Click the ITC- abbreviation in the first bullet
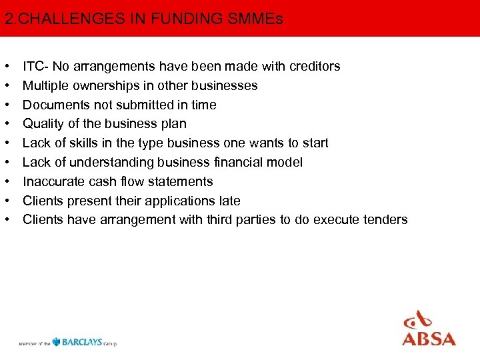pos(36,66)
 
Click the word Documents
pos(52,105)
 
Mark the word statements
pos(181,181)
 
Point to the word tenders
pos(385,220)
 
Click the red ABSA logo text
pos(429,338)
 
